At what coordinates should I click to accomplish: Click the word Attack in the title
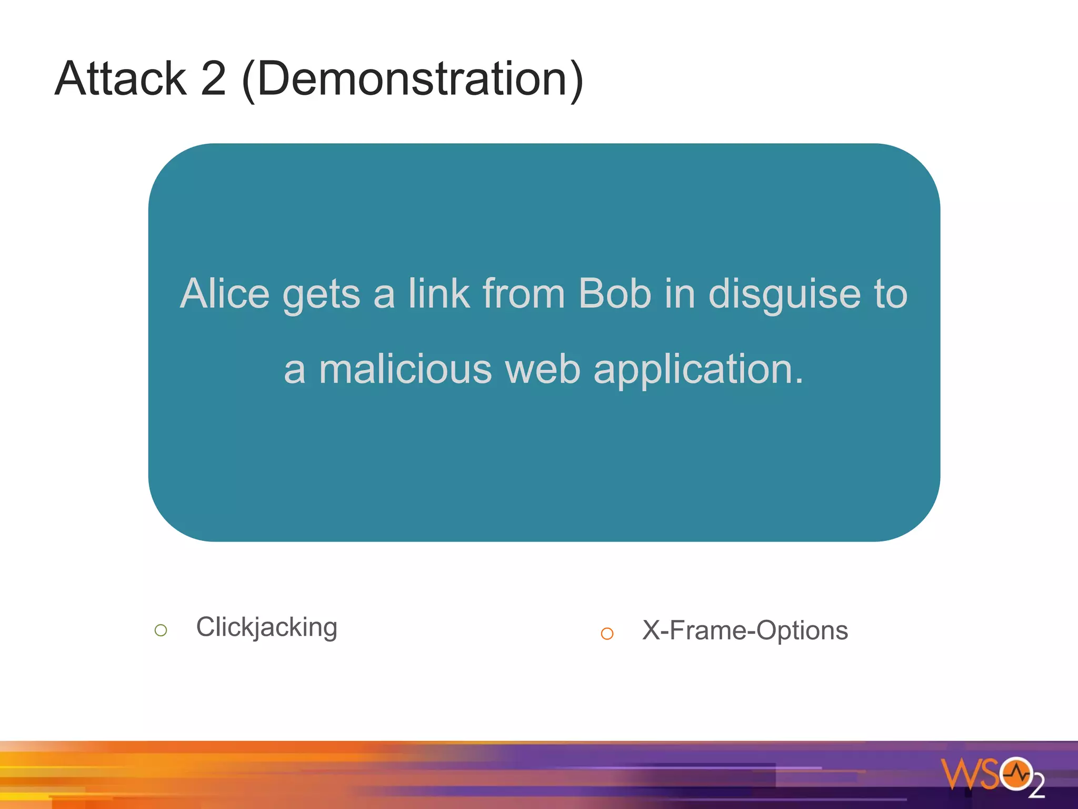click(x=121, y=78)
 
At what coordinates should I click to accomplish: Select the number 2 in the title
click(x=213, y=78)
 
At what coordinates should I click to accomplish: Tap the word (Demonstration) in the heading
click(x=413, y=80)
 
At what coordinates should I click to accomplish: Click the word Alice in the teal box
click(x=225, y=293)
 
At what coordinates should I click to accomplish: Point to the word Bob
click(x=614, y=293)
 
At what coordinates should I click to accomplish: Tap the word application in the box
click(x=698, y=370)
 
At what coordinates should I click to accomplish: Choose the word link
click(x=439, y=293)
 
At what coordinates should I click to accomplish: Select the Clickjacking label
click(x=266, y=627)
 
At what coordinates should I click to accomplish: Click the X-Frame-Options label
click(x=745, y=630)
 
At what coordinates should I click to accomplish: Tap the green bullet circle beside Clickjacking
click(x=161, y=630)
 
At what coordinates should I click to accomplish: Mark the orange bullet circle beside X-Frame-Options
click(x=607, y=634)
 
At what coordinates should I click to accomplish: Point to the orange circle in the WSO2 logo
click(x=1016, y=774)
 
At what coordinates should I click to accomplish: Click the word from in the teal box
click(x=524, y=293)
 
